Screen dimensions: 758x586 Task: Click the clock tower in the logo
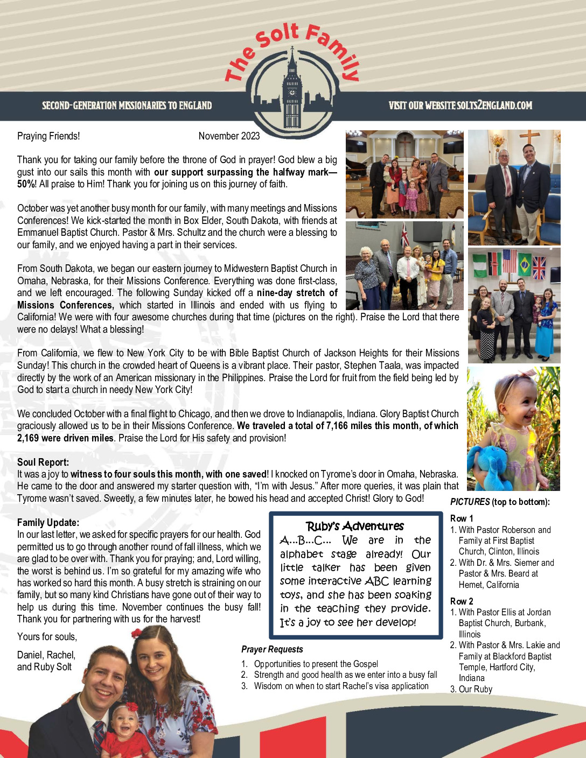tap(292, 89)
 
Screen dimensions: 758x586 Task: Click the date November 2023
tap(229, 136)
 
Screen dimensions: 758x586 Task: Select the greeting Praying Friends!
tap(48, 136)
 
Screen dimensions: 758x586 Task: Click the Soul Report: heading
tap(43, 462)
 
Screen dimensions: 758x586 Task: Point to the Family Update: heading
tap(48, 522)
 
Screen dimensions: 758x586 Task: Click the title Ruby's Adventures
tap(355, 526)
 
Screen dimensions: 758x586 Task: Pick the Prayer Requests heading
tap(272, 649)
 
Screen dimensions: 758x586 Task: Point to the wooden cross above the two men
tap(529, 138)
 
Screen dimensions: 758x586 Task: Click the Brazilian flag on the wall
tap(525, 264)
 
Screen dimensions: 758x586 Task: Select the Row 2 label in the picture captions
tap(462, 601)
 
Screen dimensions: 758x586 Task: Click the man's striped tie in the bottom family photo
tap(99, 735)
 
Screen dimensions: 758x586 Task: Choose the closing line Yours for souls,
tap(47, 637)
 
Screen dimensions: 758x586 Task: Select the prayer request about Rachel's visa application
tap(341, 686)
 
